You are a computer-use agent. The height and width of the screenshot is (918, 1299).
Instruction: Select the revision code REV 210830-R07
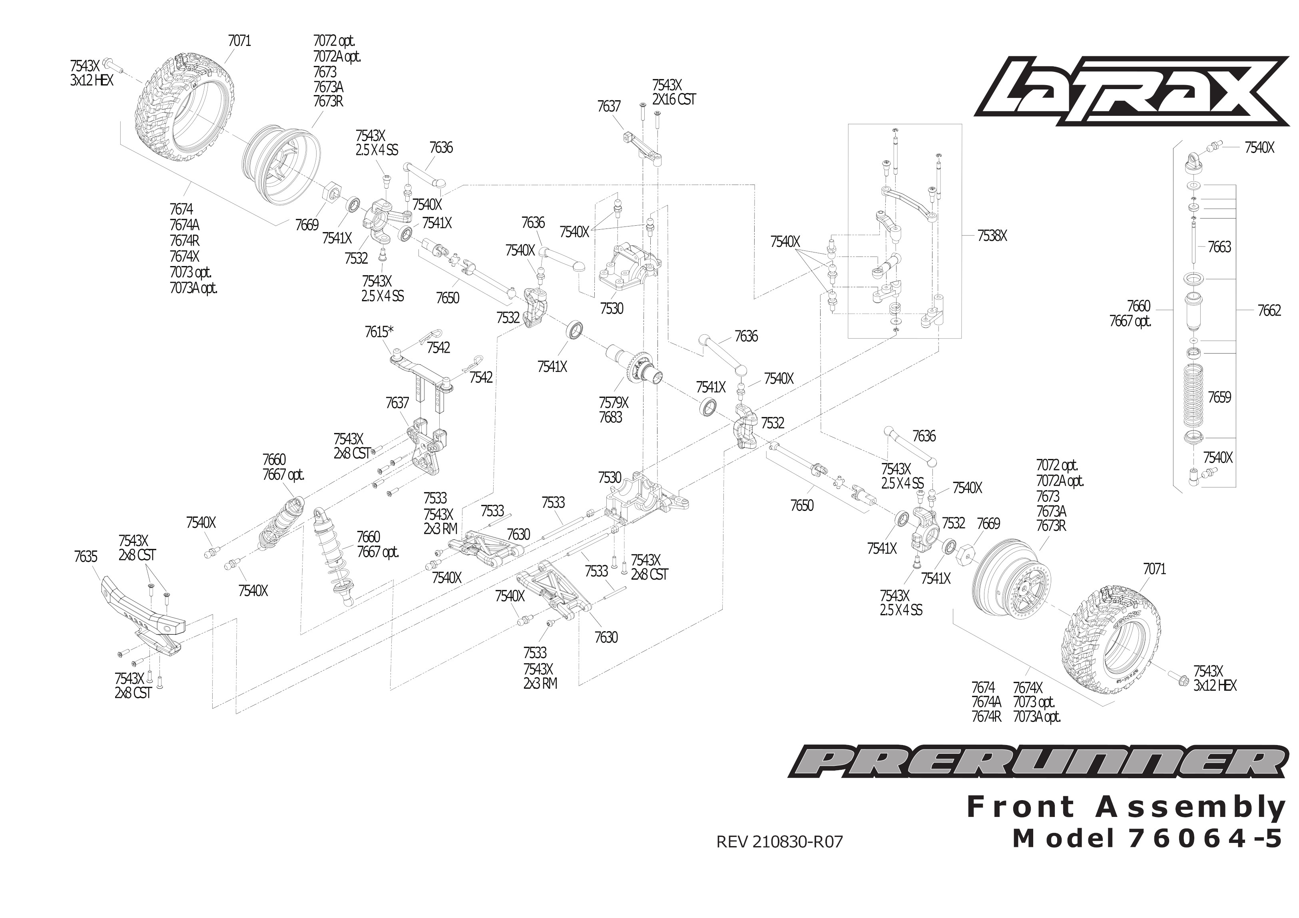[x=779, y=842]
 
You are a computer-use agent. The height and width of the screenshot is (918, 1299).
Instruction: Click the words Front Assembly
[x=1126, y=807]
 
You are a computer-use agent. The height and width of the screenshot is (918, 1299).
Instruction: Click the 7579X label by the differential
[x=613, y=403]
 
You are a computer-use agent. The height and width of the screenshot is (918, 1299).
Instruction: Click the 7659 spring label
[x=1219, y=397]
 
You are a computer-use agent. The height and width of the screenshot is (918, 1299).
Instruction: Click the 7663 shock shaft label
[x=1219, y=247]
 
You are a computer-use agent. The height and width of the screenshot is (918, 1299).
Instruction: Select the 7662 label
[x=1269, y=310]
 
